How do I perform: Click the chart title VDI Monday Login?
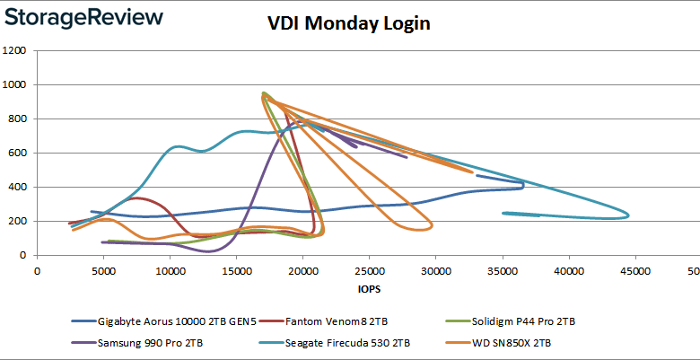pyautogui.click(x=350, y=23)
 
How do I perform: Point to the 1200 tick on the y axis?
pyautogui.click(x=14, y=51)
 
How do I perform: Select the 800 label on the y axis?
pyautogui.click(x=17, y=119)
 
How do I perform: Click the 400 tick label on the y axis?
pyautogui.click(x=17, y=188)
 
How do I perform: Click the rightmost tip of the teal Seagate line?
pyautogui.click(x=628, y=215)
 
